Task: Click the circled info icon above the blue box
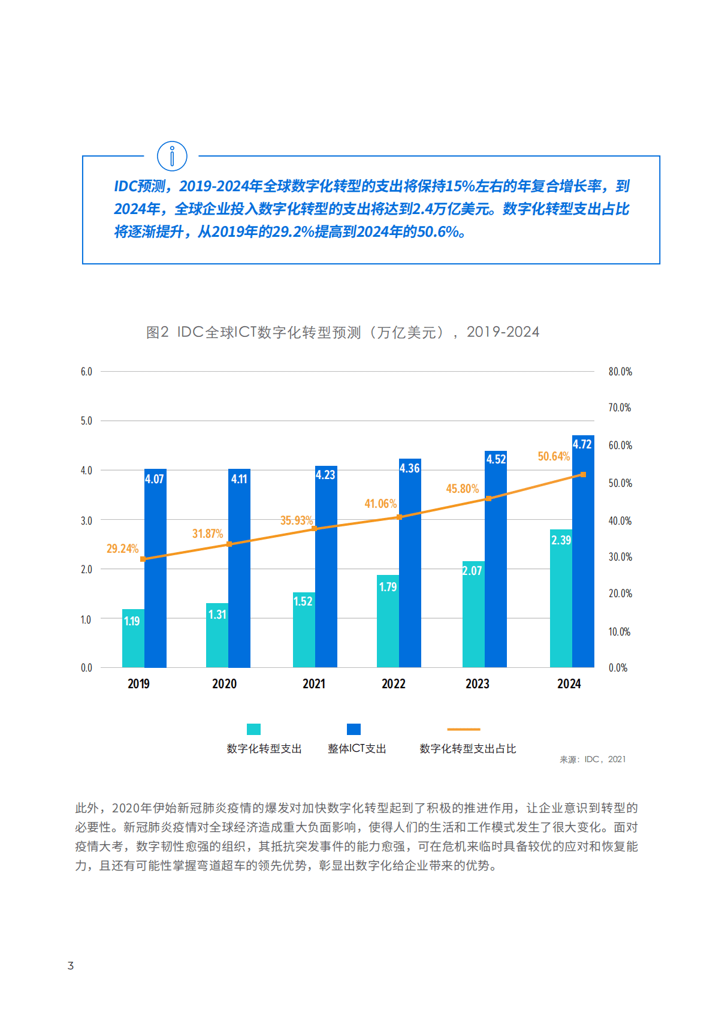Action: click(172, 156)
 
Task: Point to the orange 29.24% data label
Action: click(122, 549)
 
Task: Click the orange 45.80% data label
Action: click(462, 489)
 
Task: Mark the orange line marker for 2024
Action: click(583, 475)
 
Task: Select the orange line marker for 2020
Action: click(229, 544)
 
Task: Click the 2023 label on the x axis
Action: click(477, 684)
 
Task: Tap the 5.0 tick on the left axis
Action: click(86, 421)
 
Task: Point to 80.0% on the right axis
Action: click(620, 372)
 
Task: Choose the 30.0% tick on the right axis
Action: click(620, 557)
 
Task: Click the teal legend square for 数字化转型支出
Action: click(253, 729)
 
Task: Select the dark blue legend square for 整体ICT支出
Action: click(354, 729)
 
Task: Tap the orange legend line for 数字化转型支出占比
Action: click(463, 730)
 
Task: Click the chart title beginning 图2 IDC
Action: click(342, 332)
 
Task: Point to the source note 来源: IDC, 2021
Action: click(592, 760)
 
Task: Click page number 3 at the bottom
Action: click(71, 966)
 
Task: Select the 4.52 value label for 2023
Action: click(496, 459)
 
